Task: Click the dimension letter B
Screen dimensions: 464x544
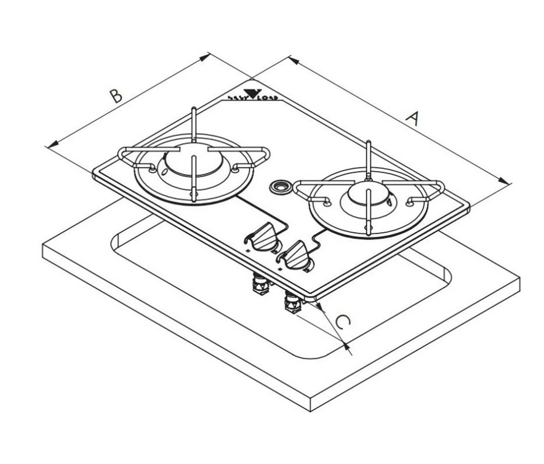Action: point(115,96)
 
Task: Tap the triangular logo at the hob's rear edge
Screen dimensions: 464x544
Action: point(253,93)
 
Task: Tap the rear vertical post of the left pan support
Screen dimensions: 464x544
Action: point(194,123)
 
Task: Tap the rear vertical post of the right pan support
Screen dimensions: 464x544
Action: point(368,158)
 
